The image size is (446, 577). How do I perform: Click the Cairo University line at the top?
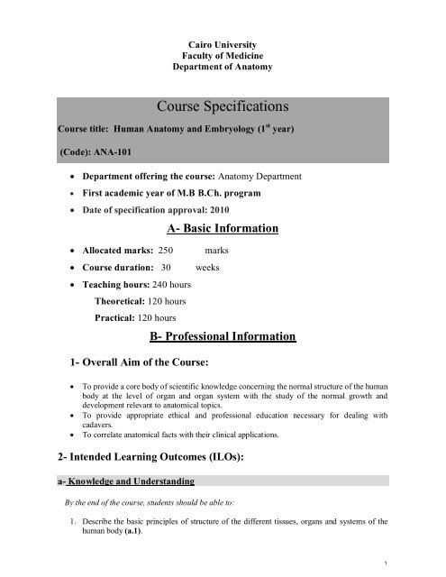(x=223, y=43)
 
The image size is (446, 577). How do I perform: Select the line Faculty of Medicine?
(x=223, y=55)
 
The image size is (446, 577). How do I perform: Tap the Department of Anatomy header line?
(x=223, y=67)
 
